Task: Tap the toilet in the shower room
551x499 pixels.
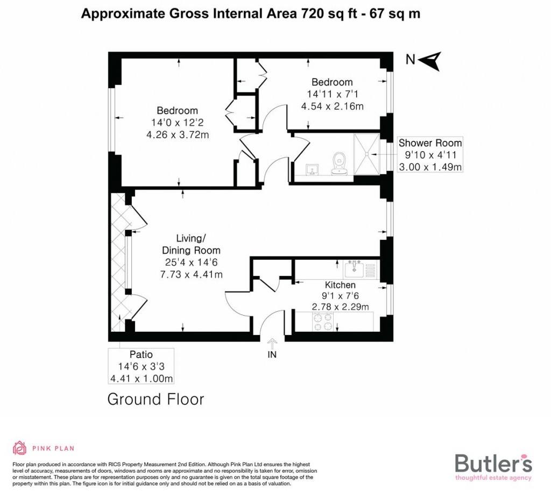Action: (339, 163)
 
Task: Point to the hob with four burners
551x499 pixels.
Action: (323, 322)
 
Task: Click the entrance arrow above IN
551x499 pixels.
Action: (272, 342)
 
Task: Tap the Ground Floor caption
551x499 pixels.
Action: (156, 400)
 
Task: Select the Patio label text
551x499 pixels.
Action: (141, 355)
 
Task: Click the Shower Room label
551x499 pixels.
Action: (430, 144)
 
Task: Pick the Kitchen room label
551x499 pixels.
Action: (340, 285)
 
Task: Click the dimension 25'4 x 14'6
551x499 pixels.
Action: (192, 262)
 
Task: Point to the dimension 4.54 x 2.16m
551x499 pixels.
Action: (333, 106)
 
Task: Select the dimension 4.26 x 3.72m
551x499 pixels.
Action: (178, 135)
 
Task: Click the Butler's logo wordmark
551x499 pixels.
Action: (493, 463)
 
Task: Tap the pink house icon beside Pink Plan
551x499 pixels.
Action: (19, 448)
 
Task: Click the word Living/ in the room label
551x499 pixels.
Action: (191, 238)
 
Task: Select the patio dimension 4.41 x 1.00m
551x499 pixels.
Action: (141, 379)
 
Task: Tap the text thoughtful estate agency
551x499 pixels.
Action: (493, 477)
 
